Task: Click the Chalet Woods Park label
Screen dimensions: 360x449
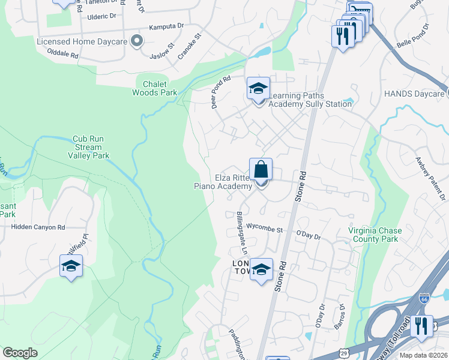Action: pos(155,88)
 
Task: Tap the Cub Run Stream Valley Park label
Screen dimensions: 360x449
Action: pos(91,146)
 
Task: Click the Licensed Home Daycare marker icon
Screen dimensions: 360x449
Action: pos(137,41)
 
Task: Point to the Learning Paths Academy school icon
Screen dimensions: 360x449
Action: pos(259,89)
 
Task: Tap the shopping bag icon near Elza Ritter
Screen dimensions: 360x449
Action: pos(261,170)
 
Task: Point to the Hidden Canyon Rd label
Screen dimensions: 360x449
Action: pos(38,227)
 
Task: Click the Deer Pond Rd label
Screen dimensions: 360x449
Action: pos(221,92)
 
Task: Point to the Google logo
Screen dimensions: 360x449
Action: pos(20,353)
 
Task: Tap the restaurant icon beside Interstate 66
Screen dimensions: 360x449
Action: pos(421,326)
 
